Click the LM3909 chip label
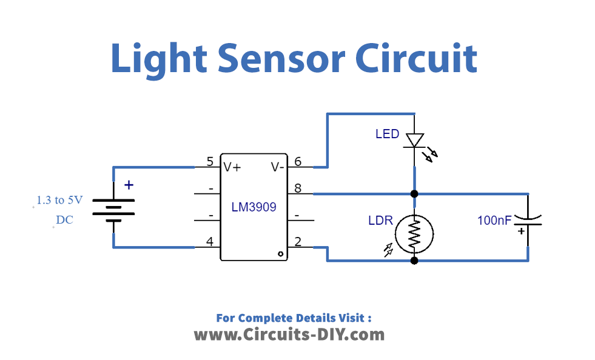point(254,207)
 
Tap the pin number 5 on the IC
point(210,162)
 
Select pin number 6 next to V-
point(298,162)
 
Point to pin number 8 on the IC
point(298,188)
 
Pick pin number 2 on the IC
point(298,241)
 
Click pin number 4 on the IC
point(210,241)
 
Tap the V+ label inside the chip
point(232,167)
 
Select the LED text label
point(388,134)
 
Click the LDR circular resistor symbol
point(414,234)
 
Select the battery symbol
point(113,207)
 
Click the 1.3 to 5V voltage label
point(60,200)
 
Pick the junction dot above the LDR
point(414,194)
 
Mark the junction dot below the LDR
point(414,261)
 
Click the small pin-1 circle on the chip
point(280,254)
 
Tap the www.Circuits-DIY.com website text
point(289,334)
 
